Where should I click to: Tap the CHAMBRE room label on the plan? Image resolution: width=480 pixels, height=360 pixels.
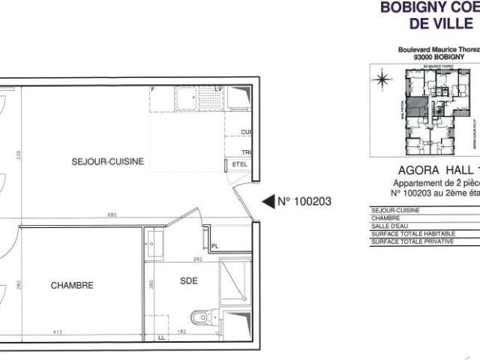(x=72, y=285)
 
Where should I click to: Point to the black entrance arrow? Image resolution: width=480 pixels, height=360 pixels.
(x=268, y=201)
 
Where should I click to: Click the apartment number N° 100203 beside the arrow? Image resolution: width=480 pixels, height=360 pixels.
(x=304, y=201)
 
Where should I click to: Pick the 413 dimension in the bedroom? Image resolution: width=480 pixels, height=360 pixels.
(x=55, y=331)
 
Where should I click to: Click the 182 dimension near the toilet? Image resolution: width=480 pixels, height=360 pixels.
(x=181, y=331)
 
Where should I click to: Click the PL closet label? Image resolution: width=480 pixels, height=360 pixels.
(x=214, y=245)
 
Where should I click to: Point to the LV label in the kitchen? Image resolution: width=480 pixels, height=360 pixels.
(x=219, y=90)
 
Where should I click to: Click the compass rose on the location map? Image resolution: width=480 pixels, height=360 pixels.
(x=383, y=77)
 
